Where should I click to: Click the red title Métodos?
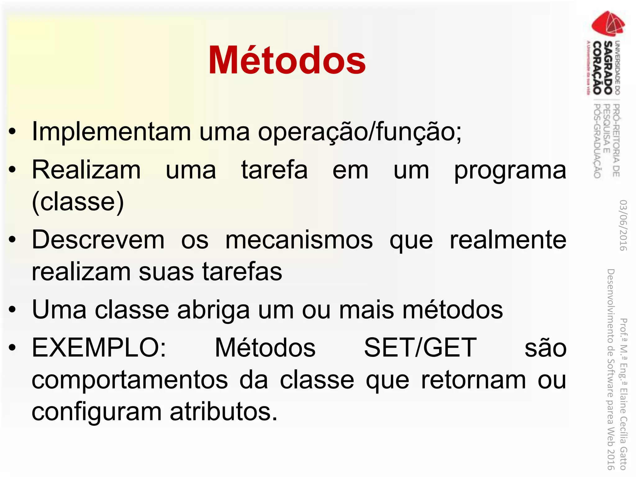287,60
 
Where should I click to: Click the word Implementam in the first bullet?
111,132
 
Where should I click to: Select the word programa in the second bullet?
510,171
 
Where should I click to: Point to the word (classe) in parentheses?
78,202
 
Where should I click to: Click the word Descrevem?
98,240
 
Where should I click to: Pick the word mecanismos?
299,240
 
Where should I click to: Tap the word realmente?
508,240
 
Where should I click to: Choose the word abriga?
213,310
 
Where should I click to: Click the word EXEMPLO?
99,348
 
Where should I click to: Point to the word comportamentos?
130,380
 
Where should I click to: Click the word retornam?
473,380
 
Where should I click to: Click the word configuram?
97,412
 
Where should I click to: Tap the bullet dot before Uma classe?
12,310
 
